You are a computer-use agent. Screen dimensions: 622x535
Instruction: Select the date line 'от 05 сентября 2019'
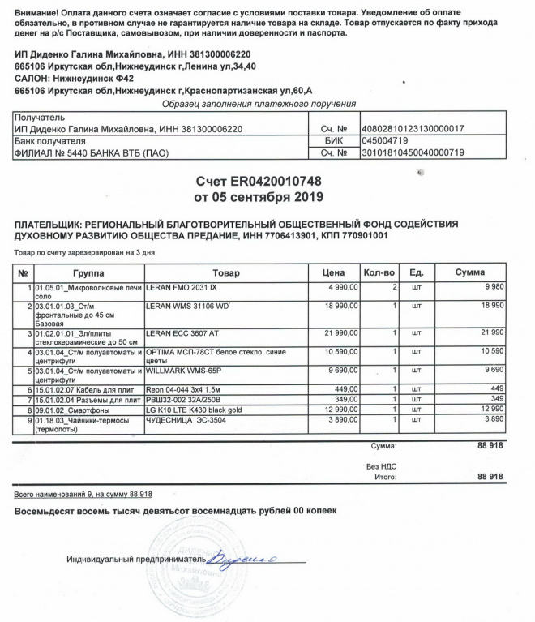click(x=258, y=196)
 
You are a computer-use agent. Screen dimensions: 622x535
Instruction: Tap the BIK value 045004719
click(x=387, y=140)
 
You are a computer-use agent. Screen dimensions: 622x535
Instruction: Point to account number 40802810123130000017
click(x=413, y=128)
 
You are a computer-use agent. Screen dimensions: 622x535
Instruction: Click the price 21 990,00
click(x=327, y=334)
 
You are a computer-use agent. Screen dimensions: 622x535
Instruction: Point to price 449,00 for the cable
click(x=334, y=388)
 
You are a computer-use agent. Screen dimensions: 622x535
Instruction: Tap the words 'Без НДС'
click(x=381, y=467)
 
